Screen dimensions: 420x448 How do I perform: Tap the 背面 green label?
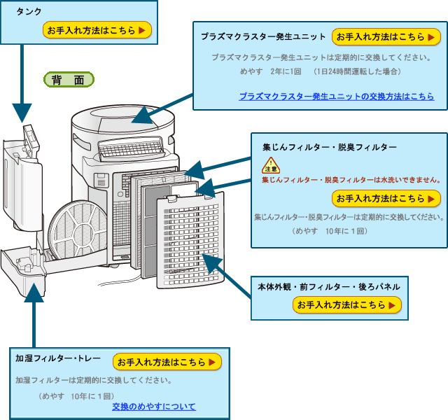click(x=69, y=80)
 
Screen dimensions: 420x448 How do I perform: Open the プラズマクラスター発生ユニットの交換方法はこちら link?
click(x=336, y=97)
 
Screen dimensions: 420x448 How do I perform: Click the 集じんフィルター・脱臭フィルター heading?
click(x=329, y=148)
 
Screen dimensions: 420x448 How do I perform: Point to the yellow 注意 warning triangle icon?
click(x=271, y=166)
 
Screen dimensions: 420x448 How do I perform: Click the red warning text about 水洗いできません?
click(x=351, y=180)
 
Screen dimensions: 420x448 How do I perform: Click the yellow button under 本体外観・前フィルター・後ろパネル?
click(x=347, y=305)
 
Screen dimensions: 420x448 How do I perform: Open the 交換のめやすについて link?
click(x=153, y=406)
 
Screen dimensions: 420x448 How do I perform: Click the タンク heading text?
click(x=29, y=11)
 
